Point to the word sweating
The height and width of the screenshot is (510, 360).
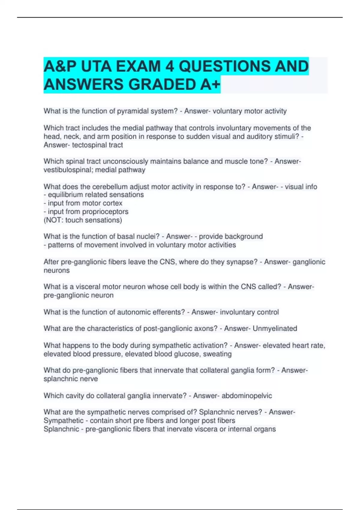(x=217, y=354)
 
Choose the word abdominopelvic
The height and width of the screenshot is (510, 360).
(x=247, y=396)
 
